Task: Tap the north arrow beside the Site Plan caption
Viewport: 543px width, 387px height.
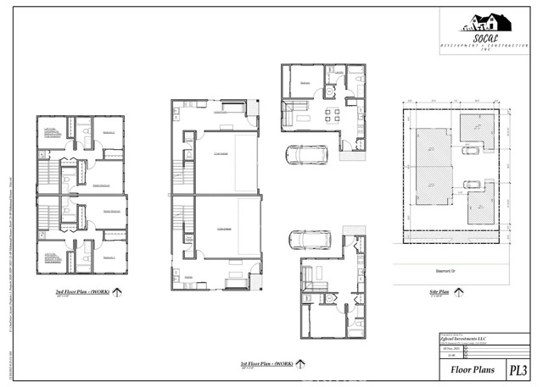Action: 459,292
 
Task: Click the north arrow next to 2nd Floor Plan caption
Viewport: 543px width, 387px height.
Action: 116,293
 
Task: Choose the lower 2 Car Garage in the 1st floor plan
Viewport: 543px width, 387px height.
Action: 223,229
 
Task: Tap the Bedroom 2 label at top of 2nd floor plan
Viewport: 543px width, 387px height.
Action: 108,133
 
